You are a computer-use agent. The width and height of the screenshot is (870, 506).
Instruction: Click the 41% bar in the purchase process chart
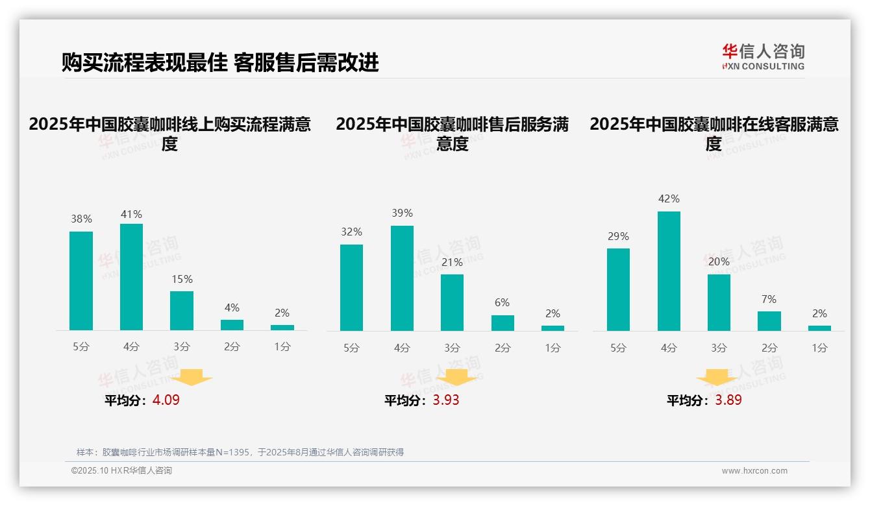131,277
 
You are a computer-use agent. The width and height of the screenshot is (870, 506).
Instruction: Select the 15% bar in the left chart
182,311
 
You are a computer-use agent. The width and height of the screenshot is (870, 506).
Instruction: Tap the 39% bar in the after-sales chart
402,278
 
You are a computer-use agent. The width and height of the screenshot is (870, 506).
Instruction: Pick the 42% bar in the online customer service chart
669,271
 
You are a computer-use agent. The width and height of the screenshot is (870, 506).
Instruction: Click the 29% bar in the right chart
618,289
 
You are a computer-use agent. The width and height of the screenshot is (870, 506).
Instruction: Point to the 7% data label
769,300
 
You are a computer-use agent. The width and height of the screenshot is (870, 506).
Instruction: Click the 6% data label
502,303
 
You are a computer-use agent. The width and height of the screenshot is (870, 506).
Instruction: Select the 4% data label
232,307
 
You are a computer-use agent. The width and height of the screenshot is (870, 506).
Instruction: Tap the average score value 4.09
166,400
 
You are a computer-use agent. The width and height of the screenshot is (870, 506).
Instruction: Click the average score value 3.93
446,400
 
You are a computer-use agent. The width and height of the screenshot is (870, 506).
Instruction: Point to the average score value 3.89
728,400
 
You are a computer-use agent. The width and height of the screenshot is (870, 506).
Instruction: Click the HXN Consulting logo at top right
763,56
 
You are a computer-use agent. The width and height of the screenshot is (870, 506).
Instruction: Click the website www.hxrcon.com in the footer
754,471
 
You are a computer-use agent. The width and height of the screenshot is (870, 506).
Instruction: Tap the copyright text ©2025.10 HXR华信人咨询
121,471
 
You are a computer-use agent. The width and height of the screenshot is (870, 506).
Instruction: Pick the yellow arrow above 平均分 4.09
195,377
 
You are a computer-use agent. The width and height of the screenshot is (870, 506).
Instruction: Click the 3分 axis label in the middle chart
453,348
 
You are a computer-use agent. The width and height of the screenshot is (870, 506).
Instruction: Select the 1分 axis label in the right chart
819,348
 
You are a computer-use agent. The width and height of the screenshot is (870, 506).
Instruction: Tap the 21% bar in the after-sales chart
452,302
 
